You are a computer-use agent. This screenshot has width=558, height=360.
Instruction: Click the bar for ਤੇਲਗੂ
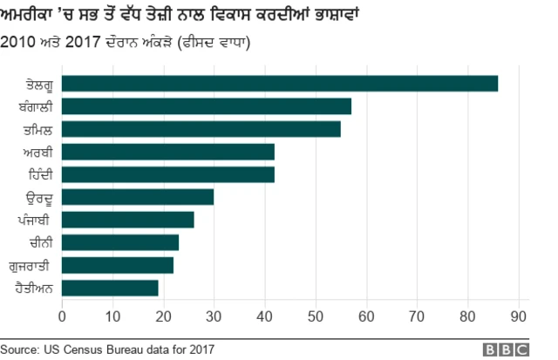pyautogui.click(x=279, y=84)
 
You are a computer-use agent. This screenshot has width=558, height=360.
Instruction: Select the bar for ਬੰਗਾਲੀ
pyautogui.click(x=206, y=106)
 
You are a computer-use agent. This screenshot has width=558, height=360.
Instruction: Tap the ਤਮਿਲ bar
pyautogui.click(x=201, y=129)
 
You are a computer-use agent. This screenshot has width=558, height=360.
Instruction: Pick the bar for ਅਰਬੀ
pyautogui.click(x=168, y=152)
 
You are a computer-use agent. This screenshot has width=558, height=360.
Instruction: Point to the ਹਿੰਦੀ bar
pyautogui.click(x=168, y=174)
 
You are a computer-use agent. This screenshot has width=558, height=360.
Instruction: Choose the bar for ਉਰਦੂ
pyautogui.click(x=138, y=197)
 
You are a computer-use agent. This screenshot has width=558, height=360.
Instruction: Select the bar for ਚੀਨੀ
pyautogui.click(x=119, y=242)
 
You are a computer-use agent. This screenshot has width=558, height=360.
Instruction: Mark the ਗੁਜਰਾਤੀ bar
pyautogui.click(x=117, y=265)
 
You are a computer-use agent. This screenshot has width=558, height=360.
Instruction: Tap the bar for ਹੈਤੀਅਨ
pyautogui.click(x=110, y=288)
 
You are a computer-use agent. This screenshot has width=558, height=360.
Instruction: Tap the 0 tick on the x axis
pyautogui.click(x=62, y=315)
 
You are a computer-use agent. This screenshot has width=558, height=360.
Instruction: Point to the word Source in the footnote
pyautogui.click(x=20, y=350)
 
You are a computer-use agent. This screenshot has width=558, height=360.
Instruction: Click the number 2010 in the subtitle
pyautogui.click(x=20, y=41)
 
